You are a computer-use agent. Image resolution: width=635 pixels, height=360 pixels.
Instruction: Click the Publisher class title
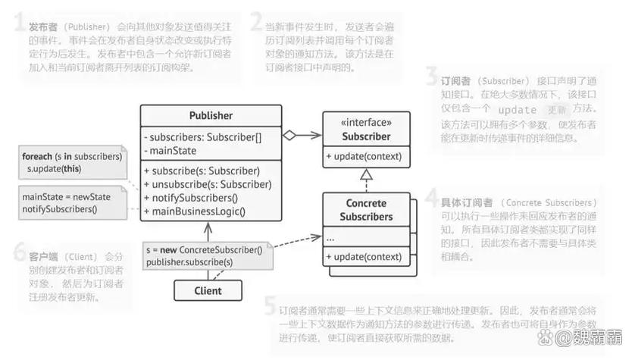(x=211, y=116)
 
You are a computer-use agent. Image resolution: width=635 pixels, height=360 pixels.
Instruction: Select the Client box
(x=208, y=290)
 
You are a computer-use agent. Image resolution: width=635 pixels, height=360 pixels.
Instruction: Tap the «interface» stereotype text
(x=367, y=122)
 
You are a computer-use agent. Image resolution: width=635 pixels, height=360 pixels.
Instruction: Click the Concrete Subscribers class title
(x=366, y=210)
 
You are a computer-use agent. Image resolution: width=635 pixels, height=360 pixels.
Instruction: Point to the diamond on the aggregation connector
(x=289, y=136)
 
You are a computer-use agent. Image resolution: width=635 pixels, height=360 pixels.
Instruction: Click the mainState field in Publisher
(x=174, y=151)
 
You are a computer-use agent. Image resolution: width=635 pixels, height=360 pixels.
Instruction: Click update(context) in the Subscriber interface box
(x=362, y=157)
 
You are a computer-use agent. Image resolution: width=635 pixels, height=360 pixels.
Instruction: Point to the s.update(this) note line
(x=54, y=168)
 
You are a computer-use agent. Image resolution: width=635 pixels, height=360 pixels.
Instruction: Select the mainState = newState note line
(x=66, y=197)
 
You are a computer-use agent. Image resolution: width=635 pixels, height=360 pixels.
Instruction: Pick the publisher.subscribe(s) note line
(x=189, y=261)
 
